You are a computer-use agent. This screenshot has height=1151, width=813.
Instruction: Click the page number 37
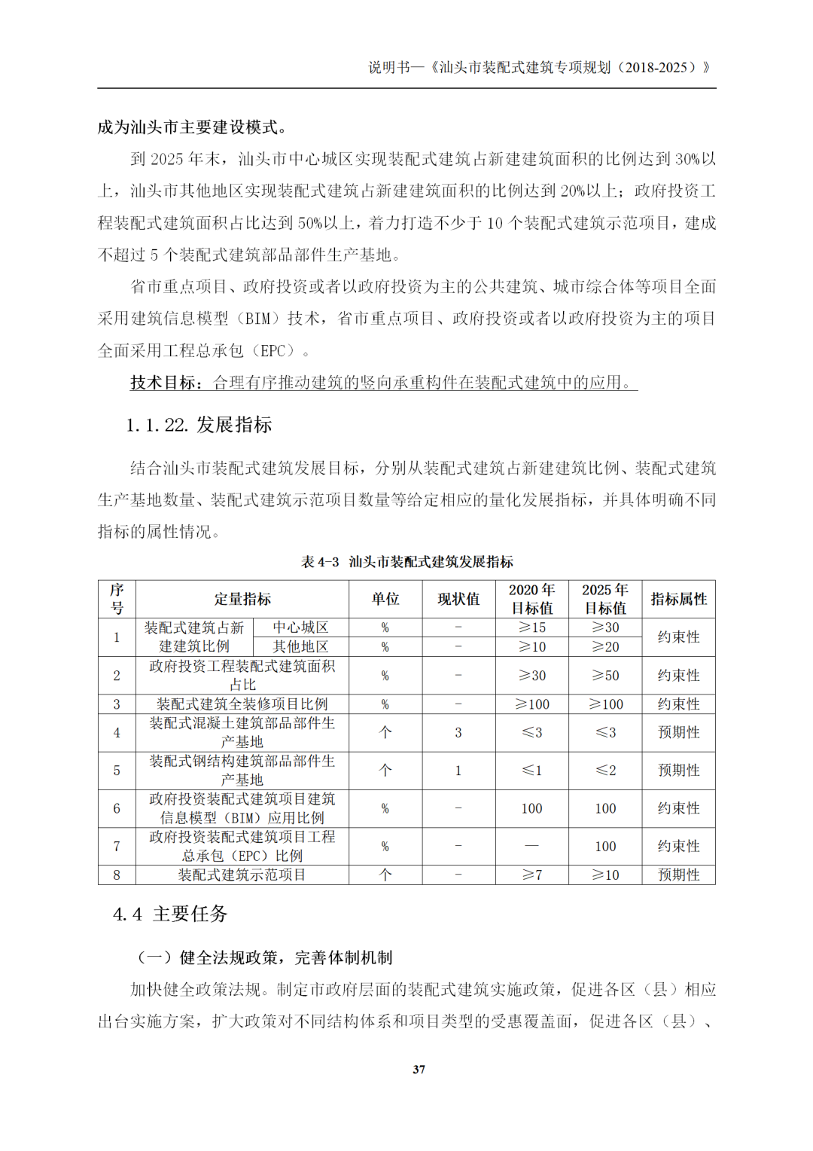[x=419, y=1069]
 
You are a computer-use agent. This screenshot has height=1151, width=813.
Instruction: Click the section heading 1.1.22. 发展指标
[x=199, y=425]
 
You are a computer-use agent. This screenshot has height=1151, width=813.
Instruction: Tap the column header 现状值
[x=458, y=599]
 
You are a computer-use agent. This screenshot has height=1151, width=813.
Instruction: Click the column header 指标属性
[x=678, y=599]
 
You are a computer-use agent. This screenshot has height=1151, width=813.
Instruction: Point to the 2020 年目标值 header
[x=531, y=599]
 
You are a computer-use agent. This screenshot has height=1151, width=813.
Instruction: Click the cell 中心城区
[x=300, y=627]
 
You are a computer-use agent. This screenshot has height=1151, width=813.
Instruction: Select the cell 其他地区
[x=300, y=646]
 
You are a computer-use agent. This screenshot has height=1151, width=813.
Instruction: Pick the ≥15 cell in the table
[x=531, y=627]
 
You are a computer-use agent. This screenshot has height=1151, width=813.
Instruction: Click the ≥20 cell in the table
[x=605, y=646]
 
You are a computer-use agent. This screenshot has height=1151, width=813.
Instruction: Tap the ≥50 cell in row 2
[x=605, y=676]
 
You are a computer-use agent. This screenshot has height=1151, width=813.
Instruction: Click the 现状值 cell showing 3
[x=458, y=732]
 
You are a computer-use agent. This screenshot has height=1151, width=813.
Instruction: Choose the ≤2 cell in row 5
[x=605, y=770]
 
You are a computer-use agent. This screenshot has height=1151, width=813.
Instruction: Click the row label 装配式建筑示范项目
[x=242, y=875]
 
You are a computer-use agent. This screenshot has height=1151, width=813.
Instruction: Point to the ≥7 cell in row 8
[x=531, y=875]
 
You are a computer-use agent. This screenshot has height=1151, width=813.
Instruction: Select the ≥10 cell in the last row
[x=605, y=875]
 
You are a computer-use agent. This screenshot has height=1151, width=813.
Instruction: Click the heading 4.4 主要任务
[x=170, y=914]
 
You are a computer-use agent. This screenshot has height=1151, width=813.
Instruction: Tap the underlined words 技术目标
[x=166, y=383]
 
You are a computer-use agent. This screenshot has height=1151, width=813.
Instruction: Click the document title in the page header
[x=539, y=67]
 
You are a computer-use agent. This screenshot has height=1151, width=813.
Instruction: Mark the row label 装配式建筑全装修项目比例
[x=242, y=704]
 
